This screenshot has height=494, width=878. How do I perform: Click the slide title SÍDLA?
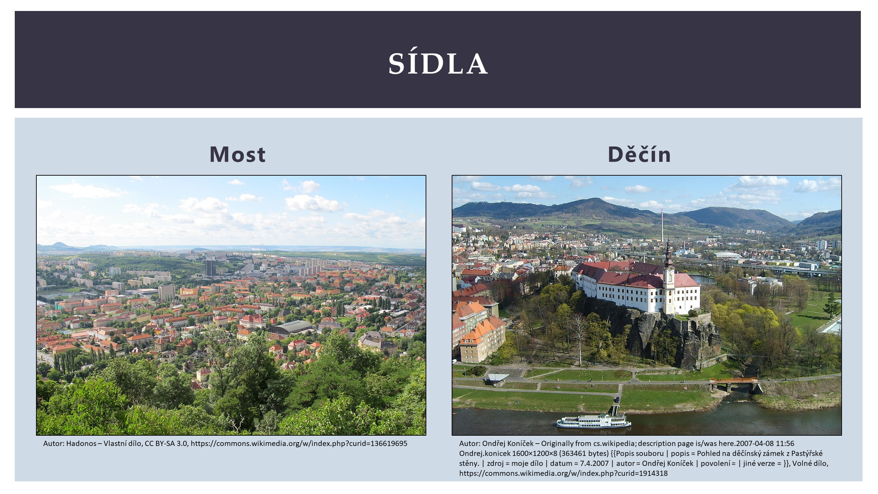point(438,64)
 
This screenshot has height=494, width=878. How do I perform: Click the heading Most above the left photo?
point(237,154)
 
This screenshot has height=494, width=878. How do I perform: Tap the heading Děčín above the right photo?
point(639,154)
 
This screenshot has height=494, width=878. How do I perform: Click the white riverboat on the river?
point(593,421)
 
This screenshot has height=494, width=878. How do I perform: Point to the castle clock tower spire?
point(668,250)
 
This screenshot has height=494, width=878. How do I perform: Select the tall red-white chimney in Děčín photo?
point(662,225)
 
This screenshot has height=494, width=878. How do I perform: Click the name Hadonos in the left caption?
point(81,444)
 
